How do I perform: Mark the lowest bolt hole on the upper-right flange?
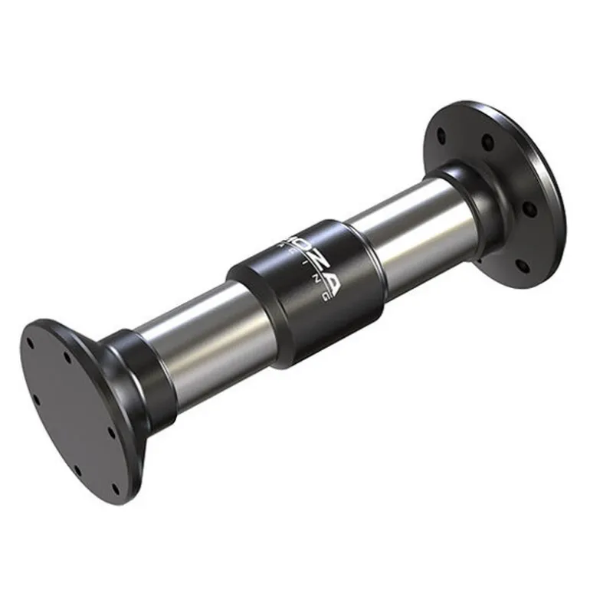point(522,267)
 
